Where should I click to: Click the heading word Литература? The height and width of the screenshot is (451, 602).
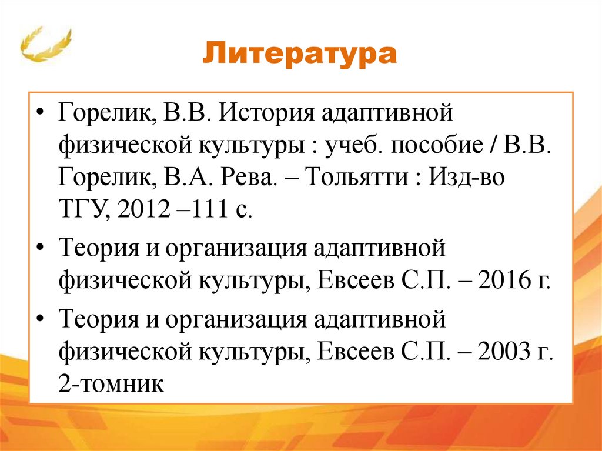300,55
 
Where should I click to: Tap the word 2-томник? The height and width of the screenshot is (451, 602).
109,385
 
